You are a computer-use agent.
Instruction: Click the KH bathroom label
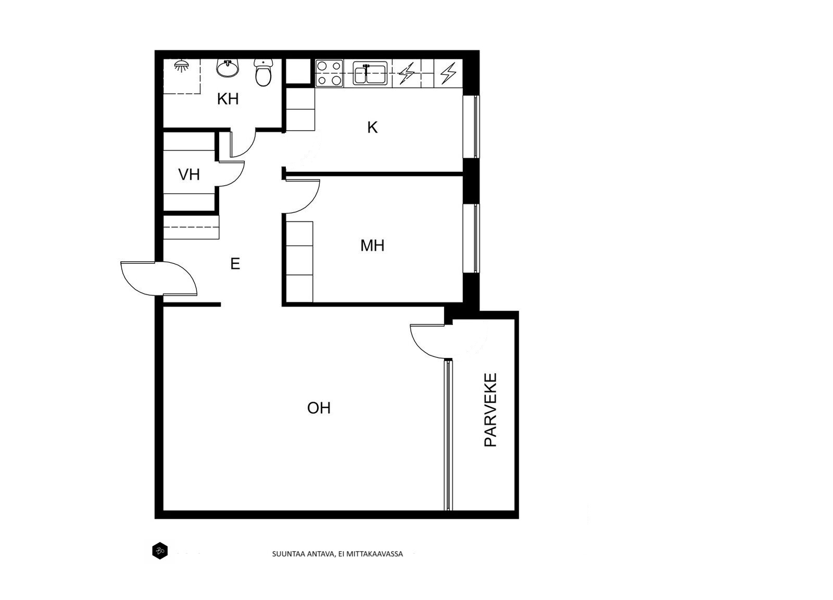click(228, 99)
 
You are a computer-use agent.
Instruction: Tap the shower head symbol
click(182, 66)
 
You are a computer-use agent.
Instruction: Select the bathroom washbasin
click(227, 68)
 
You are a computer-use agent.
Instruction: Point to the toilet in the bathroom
click(263, 73)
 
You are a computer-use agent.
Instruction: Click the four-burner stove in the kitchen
click(329, 73)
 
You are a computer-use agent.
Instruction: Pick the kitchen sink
click(370, 73)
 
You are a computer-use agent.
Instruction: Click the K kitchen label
click(372, 127)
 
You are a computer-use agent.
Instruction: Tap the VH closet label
click(189, 175)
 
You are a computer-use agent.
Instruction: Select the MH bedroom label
click(372, 245)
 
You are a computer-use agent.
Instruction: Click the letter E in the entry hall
click(235, 264)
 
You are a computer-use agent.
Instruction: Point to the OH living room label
click(319, 408)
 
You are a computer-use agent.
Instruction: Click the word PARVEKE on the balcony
click(490, 410)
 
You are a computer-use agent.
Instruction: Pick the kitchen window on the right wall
click(471, 127)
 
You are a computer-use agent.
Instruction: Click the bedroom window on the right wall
click(471, 238)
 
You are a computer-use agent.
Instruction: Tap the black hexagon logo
click(160, 551)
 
